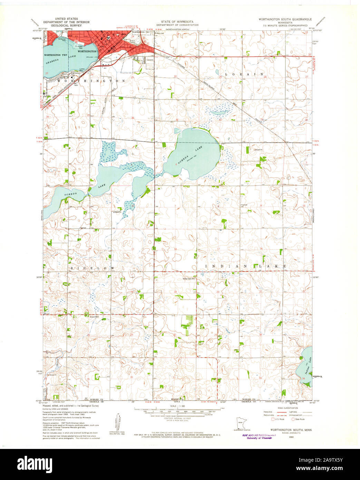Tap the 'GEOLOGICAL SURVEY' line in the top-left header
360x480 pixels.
pyautogui.click(x=66, y=25)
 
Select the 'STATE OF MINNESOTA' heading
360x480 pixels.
pyautogui.click(x=177, y=21)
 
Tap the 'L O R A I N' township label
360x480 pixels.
pyautogui.click(x=244, y=74)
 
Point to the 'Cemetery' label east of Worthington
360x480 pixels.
pyautogui.click(x=149, y=60)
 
